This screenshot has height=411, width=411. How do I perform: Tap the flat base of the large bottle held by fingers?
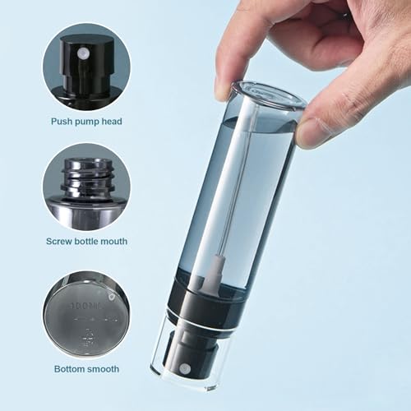[261, 95]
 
